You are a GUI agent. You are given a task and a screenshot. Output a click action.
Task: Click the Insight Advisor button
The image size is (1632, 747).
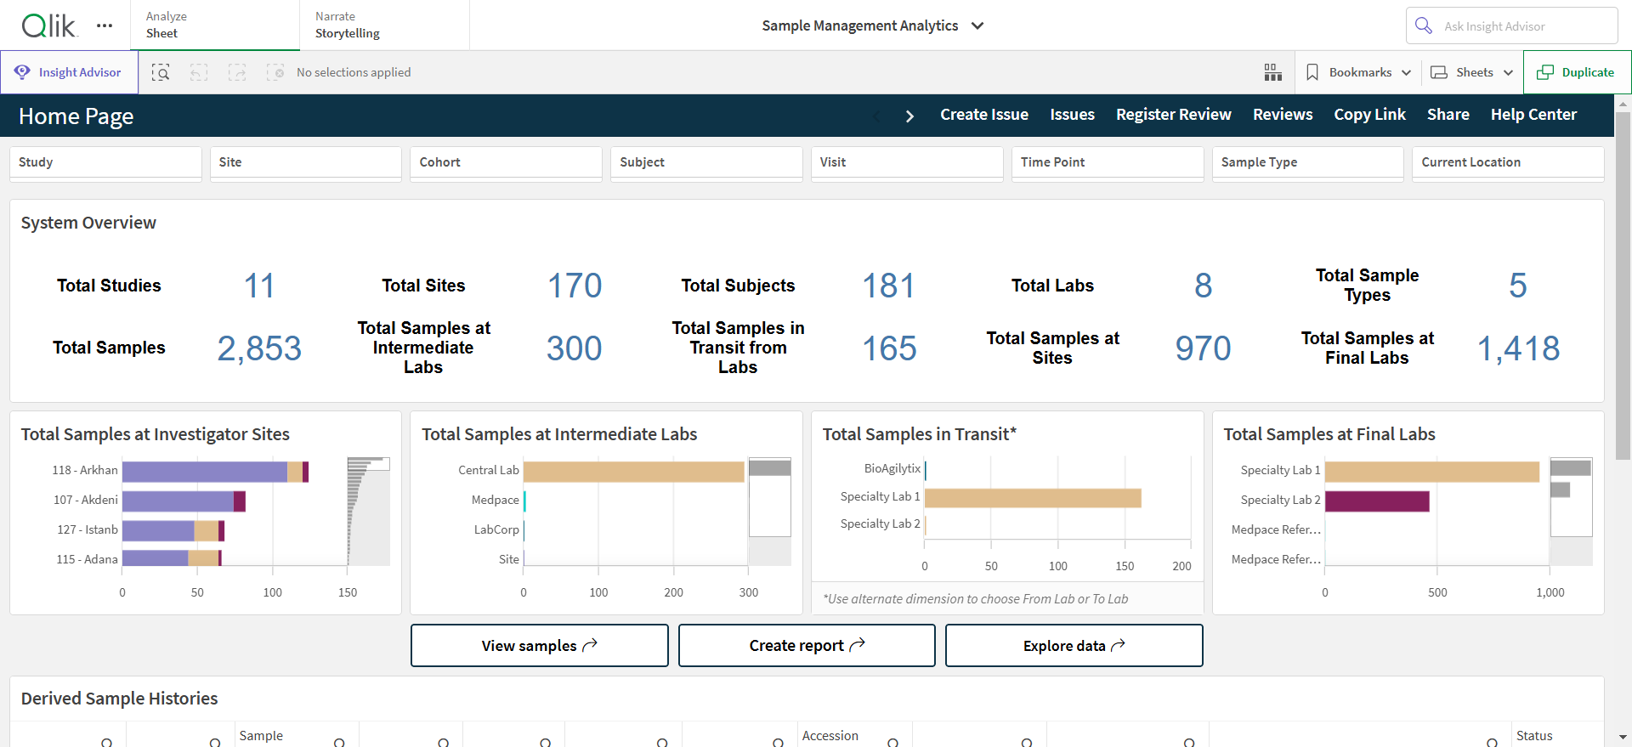(69, 72)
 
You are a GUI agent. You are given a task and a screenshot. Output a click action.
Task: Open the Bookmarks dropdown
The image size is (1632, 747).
(1358, 72)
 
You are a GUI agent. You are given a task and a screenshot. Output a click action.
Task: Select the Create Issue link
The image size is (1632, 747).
(983, 115)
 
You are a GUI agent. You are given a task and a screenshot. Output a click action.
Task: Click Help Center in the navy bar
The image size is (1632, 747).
(1533, 115)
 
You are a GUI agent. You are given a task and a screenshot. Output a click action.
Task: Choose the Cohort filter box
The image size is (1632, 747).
(506, 162)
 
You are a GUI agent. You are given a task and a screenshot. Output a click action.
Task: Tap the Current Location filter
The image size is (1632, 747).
(1508, 162)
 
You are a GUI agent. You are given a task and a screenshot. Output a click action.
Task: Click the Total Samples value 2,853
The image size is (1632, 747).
(259, 348)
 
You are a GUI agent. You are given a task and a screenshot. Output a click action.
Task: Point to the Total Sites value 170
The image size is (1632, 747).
(575, 286)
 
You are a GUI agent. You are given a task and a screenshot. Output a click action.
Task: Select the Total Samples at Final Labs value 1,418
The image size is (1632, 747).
(1518, 348)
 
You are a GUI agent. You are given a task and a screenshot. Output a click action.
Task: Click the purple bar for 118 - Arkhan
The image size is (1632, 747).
(205, 472)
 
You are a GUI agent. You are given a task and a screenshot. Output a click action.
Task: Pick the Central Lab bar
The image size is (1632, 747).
(634, 472)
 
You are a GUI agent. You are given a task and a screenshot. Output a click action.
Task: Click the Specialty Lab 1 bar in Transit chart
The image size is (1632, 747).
(1033, 498)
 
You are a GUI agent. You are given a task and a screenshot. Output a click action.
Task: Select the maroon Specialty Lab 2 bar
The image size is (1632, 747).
(1377, 501)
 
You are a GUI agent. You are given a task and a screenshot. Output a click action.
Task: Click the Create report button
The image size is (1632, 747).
(807, 646)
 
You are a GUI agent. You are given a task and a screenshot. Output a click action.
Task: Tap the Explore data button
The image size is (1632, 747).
(1074, 646)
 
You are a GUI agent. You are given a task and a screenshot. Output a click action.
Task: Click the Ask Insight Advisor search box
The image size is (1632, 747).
(1511, 26)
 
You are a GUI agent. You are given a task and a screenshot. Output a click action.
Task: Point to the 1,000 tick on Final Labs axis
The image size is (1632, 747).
(1550, 592)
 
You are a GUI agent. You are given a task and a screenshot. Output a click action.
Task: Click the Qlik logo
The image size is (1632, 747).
(49, 25)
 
